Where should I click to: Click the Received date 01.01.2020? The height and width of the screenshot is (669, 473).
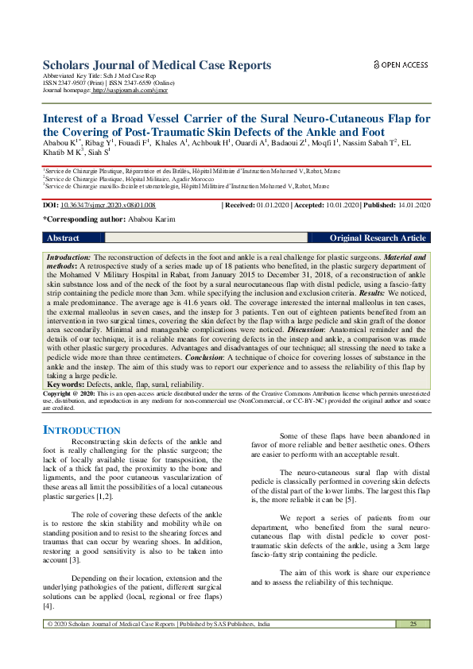pyautogui.click(x=275, y=205)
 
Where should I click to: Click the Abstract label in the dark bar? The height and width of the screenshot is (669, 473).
pyautogui.click(x=63, y=238)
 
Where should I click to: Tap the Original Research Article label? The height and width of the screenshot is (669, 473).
pyautogui.click(x=378, y=238)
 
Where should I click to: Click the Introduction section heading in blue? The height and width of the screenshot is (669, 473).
pyautogui.click(x=81, y=430)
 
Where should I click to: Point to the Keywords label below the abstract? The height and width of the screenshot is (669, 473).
pyautogui.click(x=65, y=384)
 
